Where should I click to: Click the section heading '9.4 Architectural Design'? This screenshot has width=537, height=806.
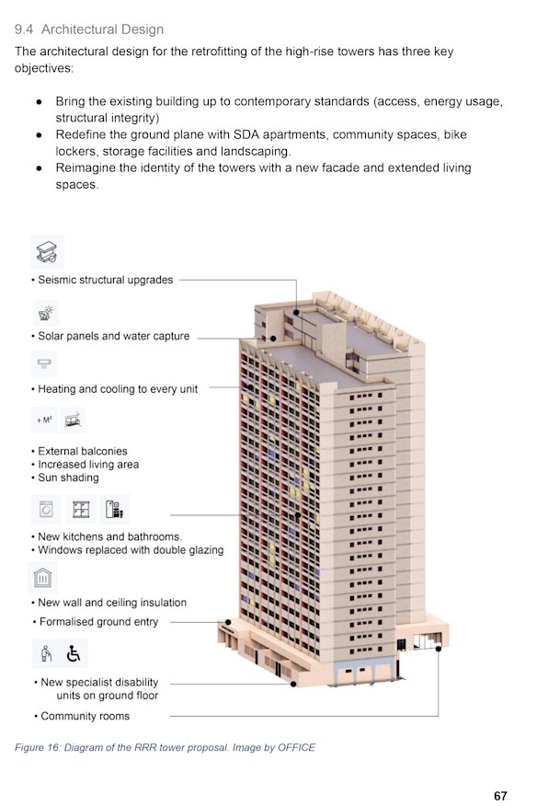click(x=89, y=29)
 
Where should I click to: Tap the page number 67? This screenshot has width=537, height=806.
click(x=500, y=796)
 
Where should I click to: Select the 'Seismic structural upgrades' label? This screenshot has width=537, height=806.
click(x=105, y=280)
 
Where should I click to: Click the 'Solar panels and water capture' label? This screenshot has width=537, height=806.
click(x=113, y=337)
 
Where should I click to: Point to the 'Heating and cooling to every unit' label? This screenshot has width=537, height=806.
click(x=118, y=389)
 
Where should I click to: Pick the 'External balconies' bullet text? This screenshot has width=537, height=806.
click(x=82, y=452)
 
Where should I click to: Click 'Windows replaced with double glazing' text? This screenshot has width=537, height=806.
click(x=131, y=550)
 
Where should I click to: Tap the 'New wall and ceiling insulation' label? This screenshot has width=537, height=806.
click(x=112, y=603)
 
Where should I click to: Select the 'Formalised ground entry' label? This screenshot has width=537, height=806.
click(x=98, y=622)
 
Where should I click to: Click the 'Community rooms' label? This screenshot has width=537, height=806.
click(x=85, y=716)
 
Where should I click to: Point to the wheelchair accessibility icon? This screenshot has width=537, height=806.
click(x=74, y=654)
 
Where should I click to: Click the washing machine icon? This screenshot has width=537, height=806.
click(x=46, y=509)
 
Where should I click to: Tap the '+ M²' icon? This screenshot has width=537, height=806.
click(x=44, y=420)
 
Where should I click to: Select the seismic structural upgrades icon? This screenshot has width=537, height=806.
click(x=46, y=250)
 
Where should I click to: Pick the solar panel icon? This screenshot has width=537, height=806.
click(x=46, y=313)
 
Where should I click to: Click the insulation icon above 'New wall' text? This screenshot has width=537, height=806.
click(x=44, y=577)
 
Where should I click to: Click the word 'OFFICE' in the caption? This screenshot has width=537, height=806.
click(x=296, y=747)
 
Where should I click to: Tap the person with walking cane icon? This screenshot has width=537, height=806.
click(x=47, y=654)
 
